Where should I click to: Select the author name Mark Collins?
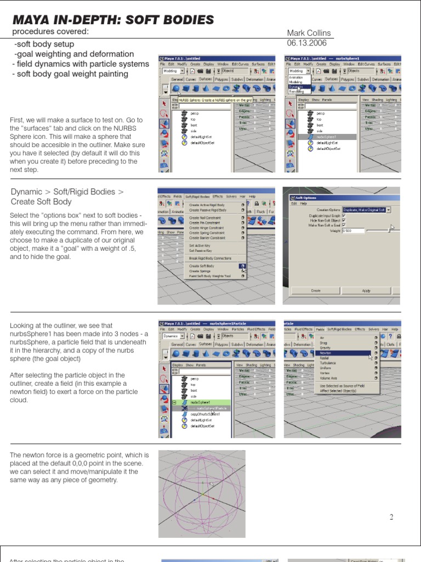pyautogui.click(x=309, y=33)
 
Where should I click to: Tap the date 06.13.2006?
pyautogui.click(x=307, y=43)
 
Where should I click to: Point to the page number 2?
pyautogui.click(x=391, y=516)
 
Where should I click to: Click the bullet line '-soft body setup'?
pyautogui.click(x=44, y=44)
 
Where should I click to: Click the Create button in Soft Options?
pyautogui.click(x=316, y=290)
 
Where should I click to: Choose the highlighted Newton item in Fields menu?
pyautogui.click(x=326, y=353)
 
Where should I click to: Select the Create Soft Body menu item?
pyautogui.click(x=202, y=266)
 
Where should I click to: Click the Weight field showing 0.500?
pyautogui.click(x=353, y=231)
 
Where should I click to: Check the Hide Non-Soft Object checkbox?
pyautogui.click(x=344, y=220)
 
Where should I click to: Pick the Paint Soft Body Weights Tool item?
pyautogui.click(x=210, y=276)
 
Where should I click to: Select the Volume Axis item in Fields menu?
pyautogui.click(x=328, y=378)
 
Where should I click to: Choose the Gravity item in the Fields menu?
pyautogui.click(x=325, y=348)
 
